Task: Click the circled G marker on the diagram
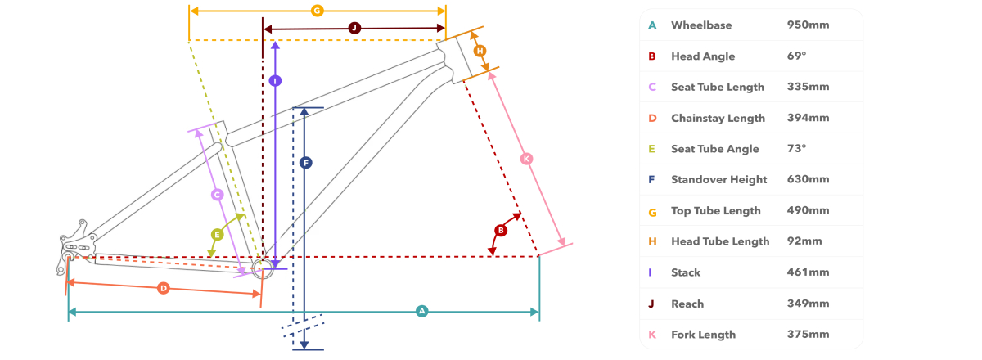pyautogui.click(x=317, y=11)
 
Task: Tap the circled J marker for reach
pyautogui.click(x=354, y=29)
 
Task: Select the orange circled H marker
pyautogui.click(x=480, y=51)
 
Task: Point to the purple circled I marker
pyautogui.click(x=275, y=81)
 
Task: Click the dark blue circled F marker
pyautogui.click(x=305, y=163)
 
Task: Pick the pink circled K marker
pyautogui.click(x=526, y=159)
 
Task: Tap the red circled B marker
pyautogui.click(x=501, y=231)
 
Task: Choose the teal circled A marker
pyautogui.click(x=421, y=312)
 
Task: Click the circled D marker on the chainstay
pyautogui.click(x=164, y=288)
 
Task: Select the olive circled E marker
pyautogui.click(x=217, y=235)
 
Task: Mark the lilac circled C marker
pyautogui.click(x=217, y=194)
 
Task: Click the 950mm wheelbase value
pyautogui.click(x=808, y=25)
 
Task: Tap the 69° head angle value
pyautogui.click(x=796, y=56)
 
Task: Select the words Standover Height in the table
pyautogui.click(x=719, y=180)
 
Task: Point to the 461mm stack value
pyautogui.click(x=808, y=272)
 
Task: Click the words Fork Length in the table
pyautogui.click(x=703, y=335)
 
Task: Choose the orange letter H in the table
pyautogui.click(x=652, y=241)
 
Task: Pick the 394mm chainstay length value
pyautogui.click(x=808, y=118)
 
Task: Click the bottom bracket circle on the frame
pyautogui.click(x=263, y=268)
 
